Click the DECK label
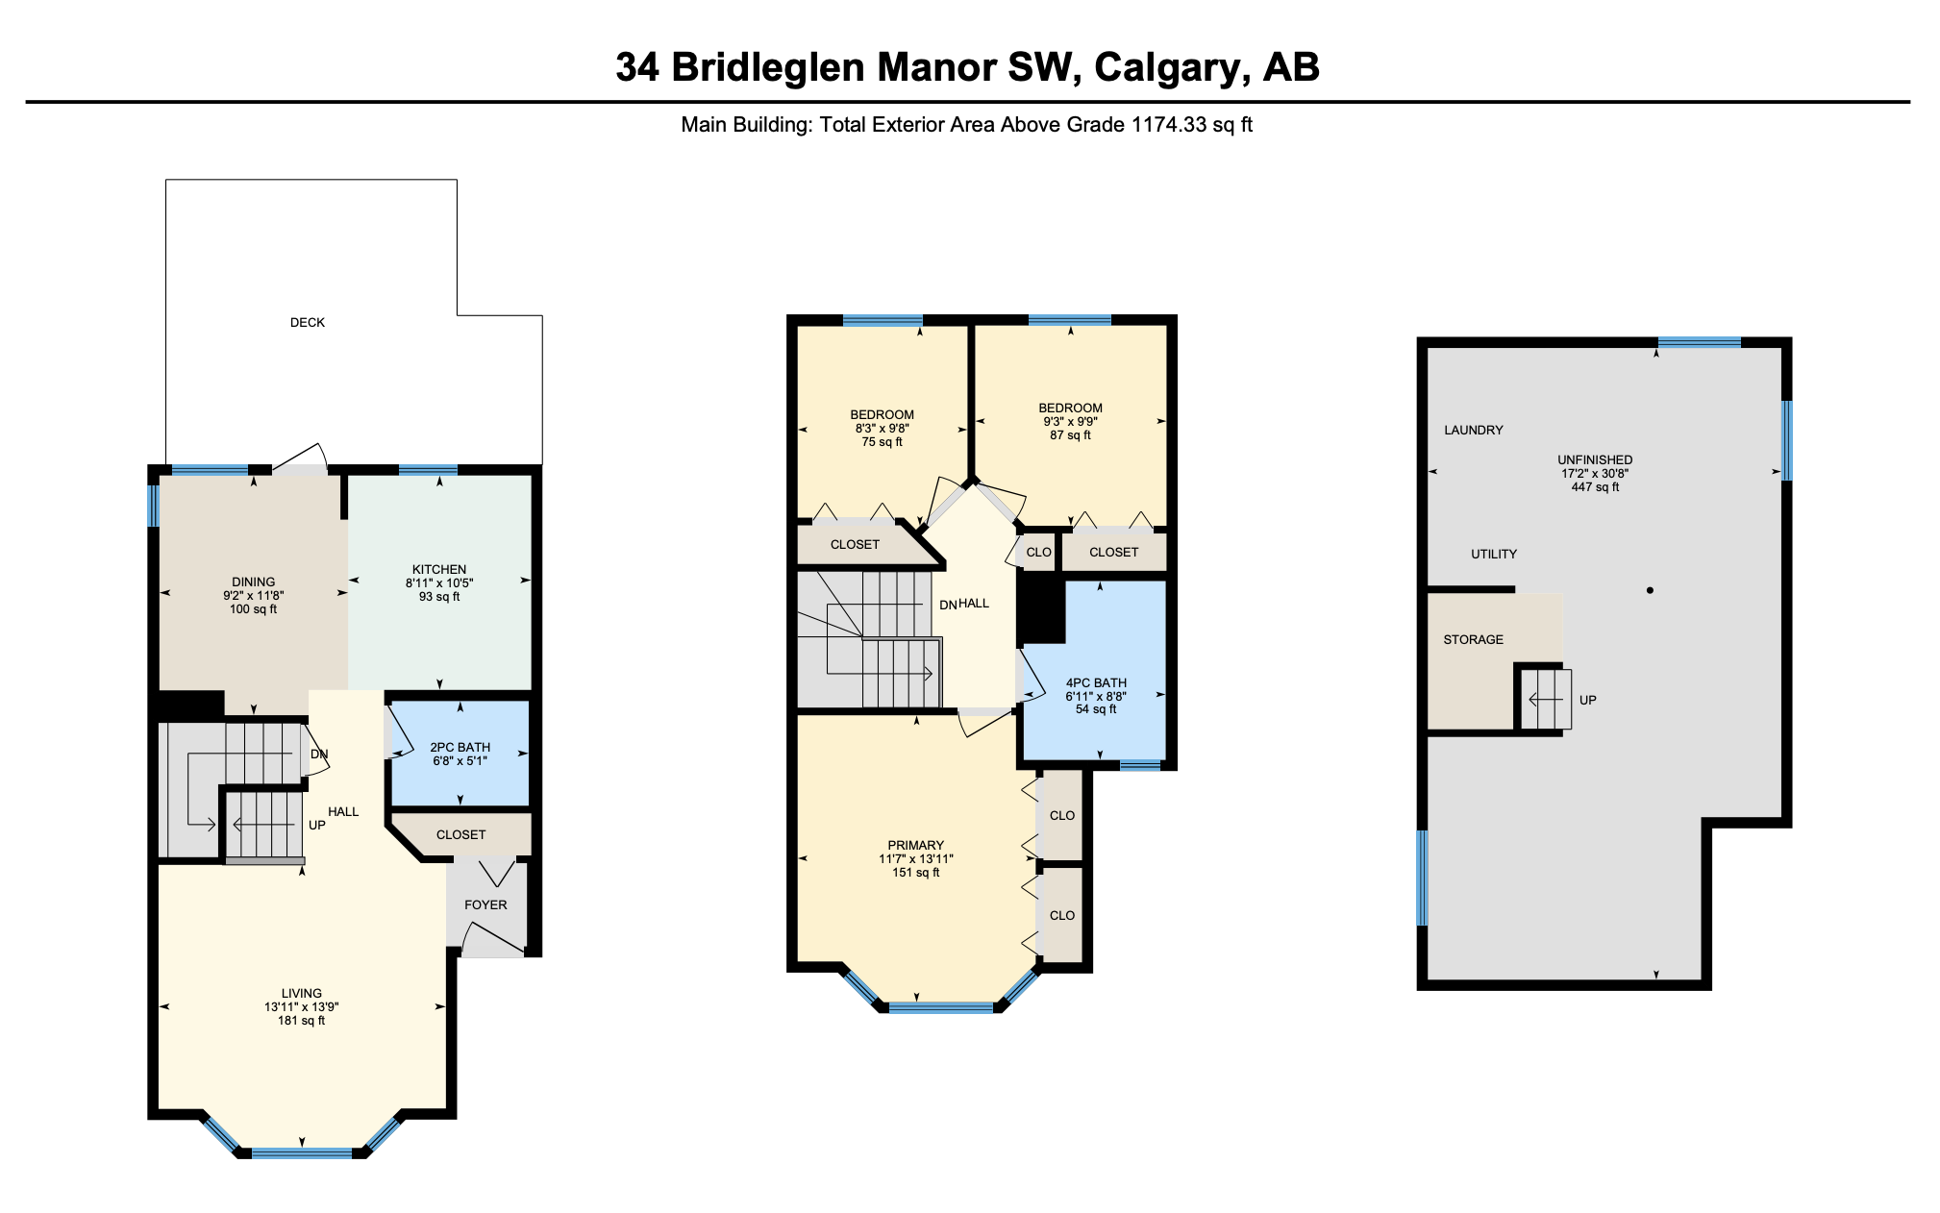point(308,323)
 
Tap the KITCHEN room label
point(439,570)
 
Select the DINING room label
point(254,582)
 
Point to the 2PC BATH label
point(460,748)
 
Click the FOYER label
point(485,905)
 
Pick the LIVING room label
point(302,994)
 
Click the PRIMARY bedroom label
point(916,846)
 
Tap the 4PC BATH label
point(1096,683)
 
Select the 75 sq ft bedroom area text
point(883,442)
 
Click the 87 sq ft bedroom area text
point(1071,435)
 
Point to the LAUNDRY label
point(1474,431)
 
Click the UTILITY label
point(1494,555)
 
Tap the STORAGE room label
point(1474,640)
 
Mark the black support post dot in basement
point(1650,590)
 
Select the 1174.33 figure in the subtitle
point(1169,125)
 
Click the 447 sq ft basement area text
point(1596,487)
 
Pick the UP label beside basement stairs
point(1588,701)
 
